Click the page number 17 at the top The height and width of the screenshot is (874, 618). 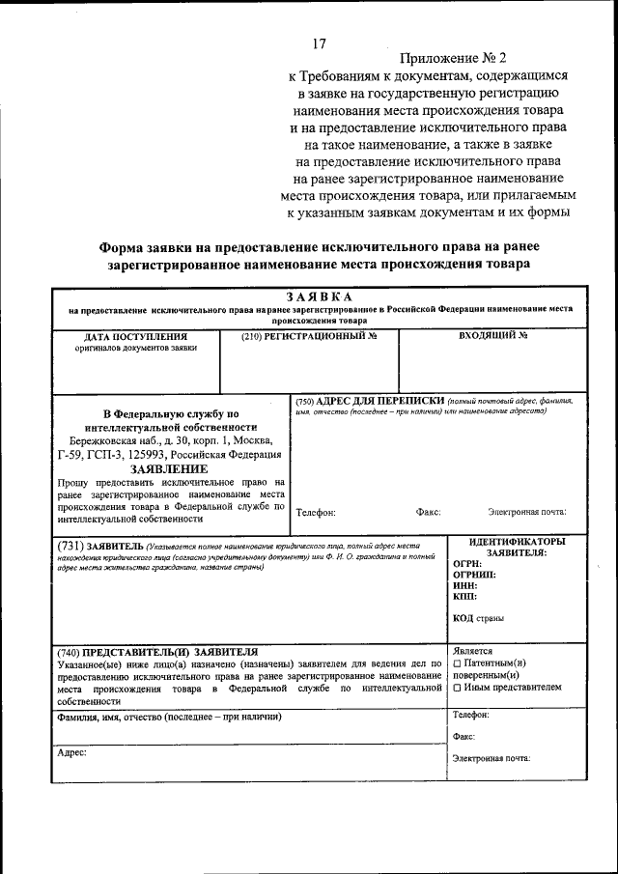click(321, 43)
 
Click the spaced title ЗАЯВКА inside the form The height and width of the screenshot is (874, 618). click(320, 296)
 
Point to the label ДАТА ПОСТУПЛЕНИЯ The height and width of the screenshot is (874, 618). click(135, 336)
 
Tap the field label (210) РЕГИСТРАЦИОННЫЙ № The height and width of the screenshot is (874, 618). click(308, 336)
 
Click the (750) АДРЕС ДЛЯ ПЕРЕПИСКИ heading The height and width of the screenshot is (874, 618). click(369, 400)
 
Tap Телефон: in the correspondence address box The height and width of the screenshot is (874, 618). click(316, 513)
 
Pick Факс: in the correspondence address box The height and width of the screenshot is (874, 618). click(428, 513)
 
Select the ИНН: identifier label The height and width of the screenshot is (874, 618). click(466, 586)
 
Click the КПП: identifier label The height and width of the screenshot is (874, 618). click(466, 598)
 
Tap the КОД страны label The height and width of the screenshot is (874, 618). click(478, 618)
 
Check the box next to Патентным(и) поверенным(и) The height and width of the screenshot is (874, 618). click(457, 663)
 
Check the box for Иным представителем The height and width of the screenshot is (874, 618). click(457, 689)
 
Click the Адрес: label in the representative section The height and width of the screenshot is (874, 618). click(72, 751)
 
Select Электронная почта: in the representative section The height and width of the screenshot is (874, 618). click(492, 758)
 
